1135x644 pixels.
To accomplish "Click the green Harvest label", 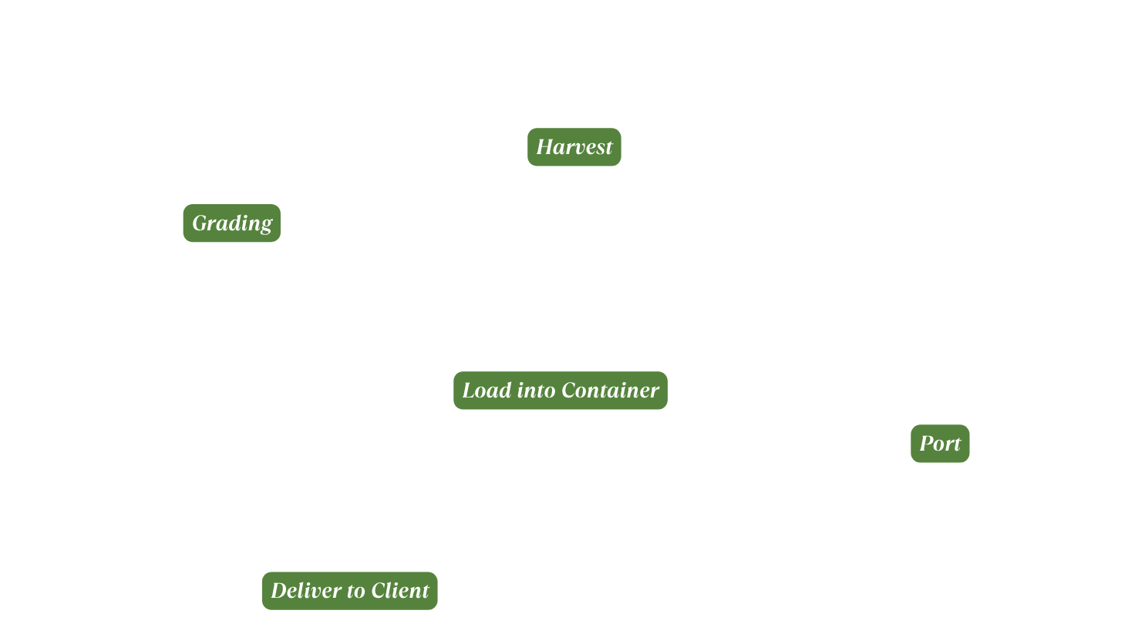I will click(x=574, y=147).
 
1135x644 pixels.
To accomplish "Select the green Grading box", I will click(x=231, y=223).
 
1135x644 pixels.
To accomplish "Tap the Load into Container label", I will click(x=560, y=391).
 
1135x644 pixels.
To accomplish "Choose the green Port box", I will click(x=939, y=444).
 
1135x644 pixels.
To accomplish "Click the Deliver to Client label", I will click(x=349, y=591).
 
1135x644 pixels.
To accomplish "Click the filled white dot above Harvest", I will click(x=569, y=114).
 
